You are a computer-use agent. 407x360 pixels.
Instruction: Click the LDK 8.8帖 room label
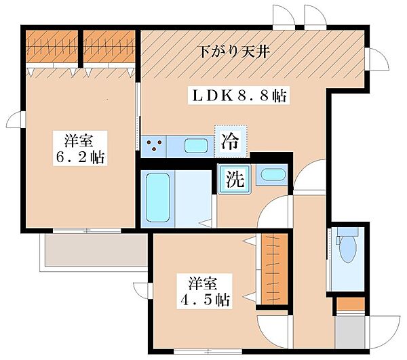(239, 96)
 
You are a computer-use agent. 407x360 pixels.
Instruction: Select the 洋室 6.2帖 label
(80, 148)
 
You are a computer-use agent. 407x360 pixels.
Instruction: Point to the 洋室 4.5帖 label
(205, 291)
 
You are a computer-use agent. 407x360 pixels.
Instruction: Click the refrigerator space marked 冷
(231, 142)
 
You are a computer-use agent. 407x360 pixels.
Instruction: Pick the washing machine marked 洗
(235, 180)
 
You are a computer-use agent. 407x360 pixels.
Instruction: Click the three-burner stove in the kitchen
(154, 146)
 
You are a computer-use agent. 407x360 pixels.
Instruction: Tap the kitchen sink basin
(196, 146)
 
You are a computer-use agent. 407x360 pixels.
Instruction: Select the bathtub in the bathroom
(157, 198)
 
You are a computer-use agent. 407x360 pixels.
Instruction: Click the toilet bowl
(348, 249)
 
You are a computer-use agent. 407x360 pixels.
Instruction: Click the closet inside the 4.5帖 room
(274, 269)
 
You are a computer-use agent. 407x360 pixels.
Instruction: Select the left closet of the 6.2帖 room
(52, 47)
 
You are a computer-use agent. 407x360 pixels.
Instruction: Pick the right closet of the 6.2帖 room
(109, 47)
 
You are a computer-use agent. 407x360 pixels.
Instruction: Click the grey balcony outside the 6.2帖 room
(96, 250)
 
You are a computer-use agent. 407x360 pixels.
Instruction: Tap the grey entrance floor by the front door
(350, 332)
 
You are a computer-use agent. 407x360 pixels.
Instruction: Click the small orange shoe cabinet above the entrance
(351, 304)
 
